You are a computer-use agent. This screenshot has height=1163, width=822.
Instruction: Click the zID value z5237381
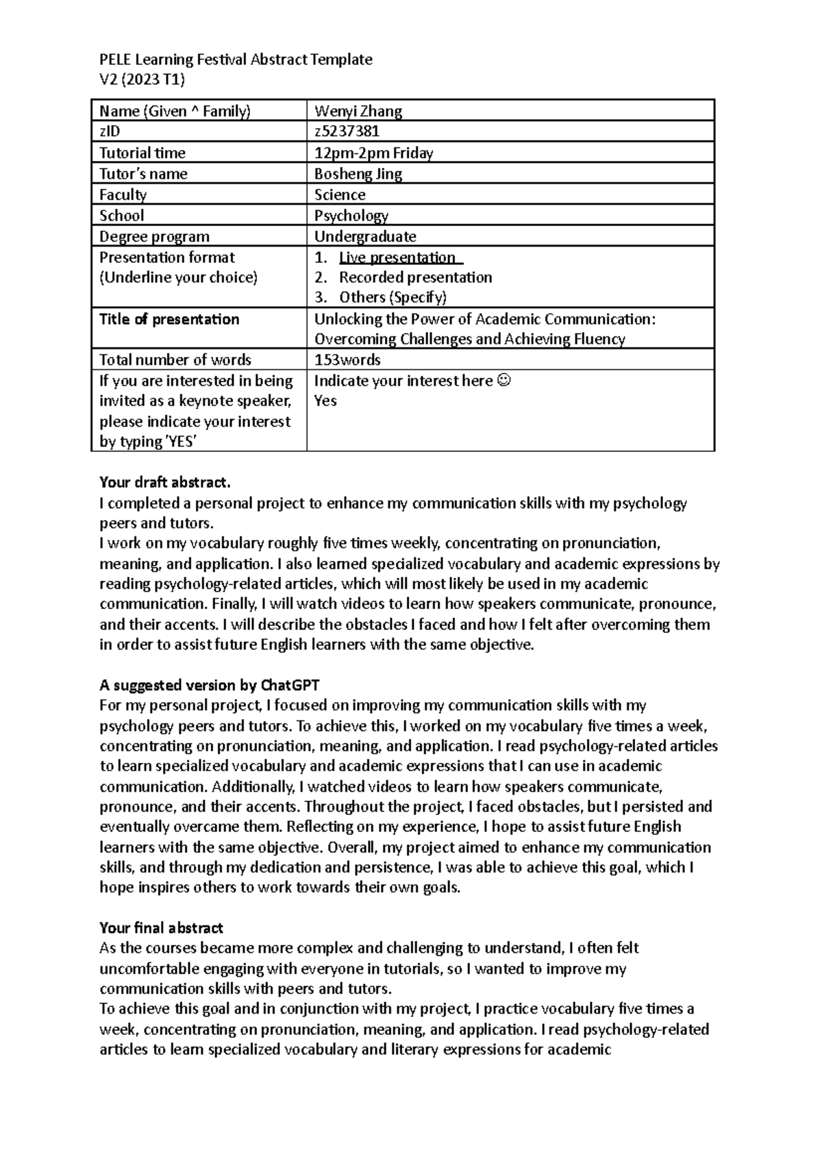(347, 132)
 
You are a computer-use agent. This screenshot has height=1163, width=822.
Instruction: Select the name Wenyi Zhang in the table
(358, 111)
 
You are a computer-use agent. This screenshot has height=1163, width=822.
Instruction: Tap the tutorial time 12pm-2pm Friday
(373, 153)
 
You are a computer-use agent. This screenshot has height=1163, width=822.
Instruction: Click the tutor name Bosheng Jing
(358, 174)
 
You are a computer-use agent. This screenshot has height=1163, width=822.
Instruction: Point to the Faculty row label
(123, 195)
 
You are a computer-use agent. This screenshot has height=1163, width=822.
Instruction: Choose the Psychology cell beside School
(351, 216)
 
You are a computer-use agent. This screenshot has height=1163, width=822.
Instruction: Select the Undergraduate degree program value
(365, 237)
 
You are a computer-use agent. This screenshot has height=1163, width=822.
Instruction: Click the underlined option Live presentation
(397, 258)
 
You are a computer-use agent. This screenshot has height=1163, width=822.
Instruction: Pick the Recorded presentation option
(415, 277)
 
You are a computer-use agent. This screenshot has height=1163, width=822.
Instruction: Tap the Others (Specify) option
(393, 297)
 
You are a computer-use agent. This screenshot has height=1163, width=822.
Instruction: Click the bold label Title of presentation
(169, 319)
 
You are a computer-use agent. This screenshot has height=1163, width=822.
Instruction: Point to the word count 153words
(347, 360)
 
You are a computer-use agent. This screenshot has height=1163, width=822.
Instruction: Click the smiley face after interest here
(503, 380)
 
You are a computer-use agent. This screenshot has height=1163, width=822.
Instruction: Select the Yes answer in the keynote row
(325, 401)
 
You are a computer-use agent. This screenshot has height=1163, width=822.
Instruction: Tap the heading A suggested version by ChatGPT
(210, 685)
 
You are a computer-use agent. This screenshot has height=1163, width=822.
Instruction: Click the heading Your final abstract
(161, 928)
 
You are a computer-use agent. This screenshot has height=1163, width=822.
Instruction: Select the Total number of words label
(175, 360)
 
